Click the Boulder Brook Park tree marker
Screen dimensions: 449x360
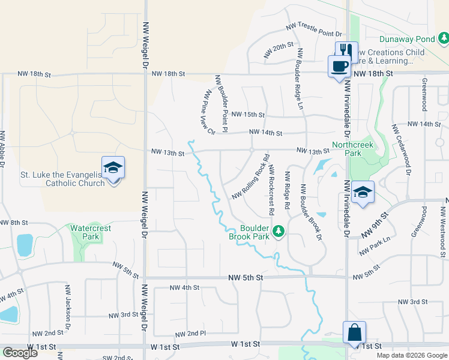click(x=278, y=231)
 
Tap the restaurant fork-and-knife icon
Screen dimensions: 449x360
click(x=346, y=50)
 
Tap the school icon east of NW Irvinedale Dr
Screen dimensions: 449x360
click(x=363, y=192)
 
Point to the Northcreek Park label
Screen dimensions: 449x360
click(x=353, y=149)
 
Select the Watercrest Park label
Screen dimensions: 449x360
click(x=92, y=232)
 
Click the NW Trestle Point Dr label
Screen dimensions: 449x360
click(x=313, y=30)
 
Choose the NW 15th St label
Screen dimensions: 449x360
click(x=248, y=114)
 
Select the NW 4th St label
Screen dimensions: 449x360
click(x=184, y=287)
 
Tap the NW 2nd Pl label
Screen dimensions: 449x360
click(x=190, y=334)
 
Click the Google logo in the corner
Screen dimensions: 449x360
click(x=20, y=353)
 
